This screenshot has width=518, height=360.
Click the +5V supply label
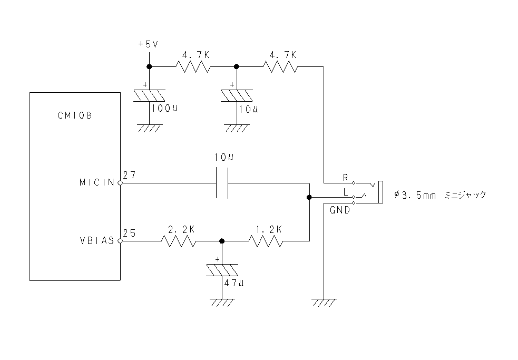click(148, 44)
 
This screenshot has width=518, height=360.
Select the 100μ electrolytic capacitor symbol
click(149, 95)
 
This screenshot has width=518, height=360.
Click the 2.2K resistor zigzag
click(179, 241)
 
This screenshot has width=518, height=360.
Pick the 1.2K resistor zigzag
click(266, 241)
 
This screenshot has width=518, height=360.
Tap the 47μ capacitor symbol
click(222, 270)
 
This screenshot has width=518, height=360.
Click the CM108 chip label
click(75, 115)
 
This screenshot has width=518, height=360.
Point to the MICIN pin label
click(97, 182)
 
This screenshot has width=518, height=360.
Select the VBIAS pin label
click(97, 241)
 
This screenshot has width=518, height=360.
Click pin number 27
click(129, 175)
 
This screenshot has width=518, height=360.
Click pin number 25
click(129, 233)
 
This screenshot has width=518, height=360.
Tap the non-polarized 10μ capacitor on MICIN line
click(222, 183)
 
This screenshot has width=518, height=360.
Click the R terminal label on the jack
click(346, 178)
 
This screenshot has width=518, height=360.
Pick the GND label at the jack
click(340, 210)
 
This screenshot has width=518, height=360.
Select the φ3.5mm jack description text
click(441, 194)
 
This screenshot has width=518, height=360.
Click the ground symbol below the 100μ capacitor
click(149, 128)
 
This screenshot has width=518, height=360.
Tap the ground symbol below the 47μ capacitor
click(222, 303)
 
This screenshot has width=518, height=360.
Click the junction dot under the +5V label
click(149, 66)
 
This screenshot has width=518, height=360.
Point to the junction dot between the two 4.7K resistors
click(236, 66)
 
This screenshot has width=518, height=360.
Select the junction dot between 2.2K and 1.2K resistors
click(222, 241)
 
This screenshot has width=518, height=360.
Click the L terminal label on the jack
click(346, 192)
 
